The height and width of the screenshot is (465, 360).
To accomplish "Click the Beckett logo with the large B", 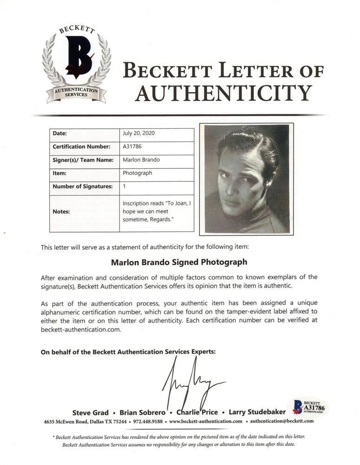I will (x=76, y=65).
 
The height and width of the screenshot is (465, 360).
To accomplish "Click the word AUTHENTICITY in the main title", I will (x=223, y=93).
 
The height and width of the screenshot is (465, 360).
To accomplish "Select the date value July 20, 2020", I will (x=139, y=133).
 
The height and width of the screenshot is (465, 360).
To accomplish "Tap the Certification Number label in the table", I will (x=81, y=146).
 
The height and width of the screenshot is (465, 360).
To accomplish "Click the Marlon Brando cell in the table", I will (x=141, y=160).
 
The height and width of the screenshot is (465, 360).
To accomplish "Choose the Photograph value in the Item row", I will (x=137, y=173).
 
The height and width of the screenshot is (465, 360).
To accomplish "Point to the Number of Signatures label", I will (x=83, y=186).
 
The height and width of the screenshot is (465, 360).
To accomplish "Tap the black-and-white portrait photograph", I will (x=247, y=179).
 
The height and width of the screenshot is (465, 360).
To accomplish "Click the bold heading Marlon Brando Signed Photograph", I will (x=179, y=262).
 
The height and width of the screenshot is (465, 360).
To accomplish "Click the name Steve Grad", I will (x=91, y=412).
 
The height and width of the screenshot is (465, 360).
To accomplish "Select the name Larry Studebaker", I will (x=254, y=412).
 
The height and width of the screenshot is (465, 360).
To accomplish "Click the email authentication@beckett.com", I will (x=282, y=421).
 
